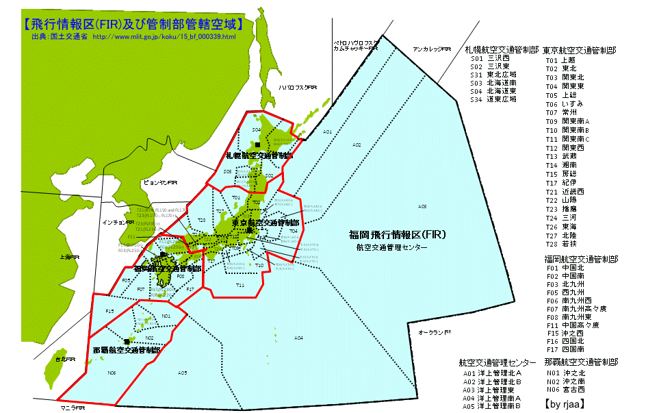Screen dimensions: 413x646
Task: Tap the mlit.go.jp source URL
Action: point(164,36)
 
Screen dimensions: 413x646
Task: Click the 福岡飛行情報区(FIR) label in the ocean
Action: point(398,235)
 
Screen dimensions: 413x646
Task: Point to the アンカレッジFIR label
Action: point(432,49)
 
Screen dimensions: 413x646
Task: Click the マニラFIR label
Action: point(72,407)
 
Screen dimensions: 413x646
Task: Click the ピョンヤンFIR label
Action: point(159,183)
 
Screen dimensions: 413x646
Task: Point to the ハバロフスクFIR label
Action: point(298,88)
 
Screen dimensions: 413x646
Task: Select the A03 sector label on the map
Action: point(422,206)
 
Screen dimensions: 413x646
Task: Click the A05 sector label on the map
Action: point(181,373)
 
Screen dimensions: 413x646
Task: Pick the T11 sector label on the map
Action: point(240,285)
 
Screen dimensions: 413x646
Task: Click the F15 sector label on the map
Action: point(109,312)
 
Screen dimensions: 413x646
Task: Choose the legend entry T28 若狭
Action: point(560,244)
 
